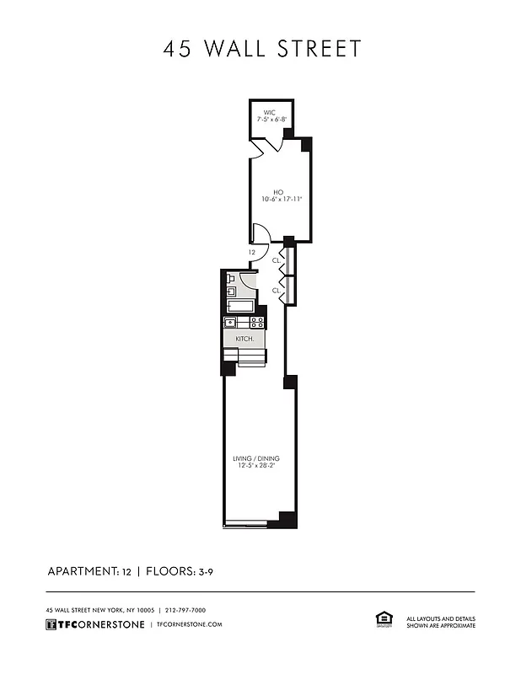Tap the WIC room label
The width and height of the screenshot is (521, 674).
(269, 112)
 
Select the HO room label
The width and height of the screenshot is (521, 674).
(277, 192)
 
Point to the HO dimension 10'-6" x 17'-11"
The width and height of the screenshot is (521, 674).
(282, 200)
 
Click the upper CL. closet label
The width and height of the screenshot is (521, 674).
(276, 260)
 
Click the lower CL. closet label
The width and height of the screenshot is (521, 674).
(276, 290)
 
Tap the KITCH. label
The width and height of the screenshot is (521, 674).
(245, 338)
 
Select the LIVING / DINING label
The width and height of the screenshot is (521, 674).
(256, 458)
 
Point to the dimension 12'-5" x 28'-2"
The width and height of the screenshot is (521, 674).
(256, 466)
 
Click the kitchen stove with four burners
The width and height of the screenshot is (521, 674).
(257, 321)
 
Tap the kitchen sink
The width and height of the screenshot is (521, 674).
(230, 321)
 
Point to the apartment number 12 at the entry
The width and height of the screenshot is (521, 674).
(251, 252)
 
